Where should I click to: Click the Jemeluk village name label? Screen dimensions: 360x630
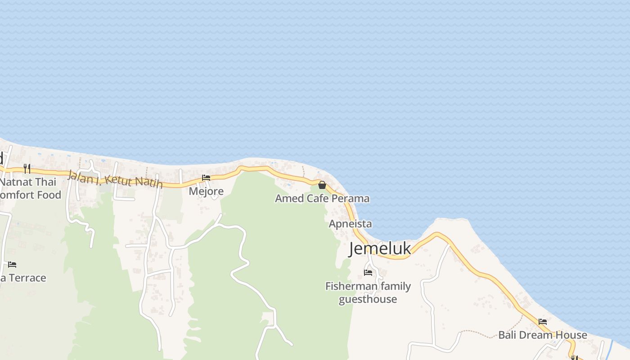click(380, 248)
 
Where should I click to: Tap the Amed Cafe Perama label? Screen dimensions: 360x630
click(322, 198)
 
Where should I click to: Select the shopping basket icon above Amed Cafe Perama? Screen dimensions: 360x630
click(322, 185)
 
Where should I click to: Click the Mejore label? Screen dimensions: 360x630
click(206, 191)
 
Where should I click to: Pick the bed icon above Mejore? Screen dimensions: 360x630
click(206, 178)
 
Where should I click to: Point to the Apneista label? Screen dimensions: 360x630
click(351, 224)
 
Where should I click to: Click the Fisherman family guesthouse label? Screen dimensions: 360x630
click(368, 292)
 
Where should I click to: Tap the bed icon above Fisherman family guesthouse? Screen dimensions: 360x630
click(368, 272)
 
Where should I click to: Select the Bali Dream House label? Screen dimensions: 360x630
click(543, 335)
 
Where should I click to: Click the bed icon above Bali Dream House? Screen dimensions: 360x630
click(543, 322)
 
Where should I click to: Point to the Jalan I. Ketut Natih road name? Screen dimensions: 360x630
click(115, 180)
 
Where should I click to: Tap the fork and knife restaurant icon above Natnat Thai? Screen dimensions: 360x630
click(27, 169)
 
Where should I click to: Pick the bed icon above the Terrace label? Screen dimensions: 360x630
click(12, 264)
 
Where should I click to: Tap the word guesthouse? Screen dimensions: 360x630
click(368, 299)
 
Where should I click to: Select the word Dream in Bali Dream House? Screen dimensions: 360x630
click(544, 335)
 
